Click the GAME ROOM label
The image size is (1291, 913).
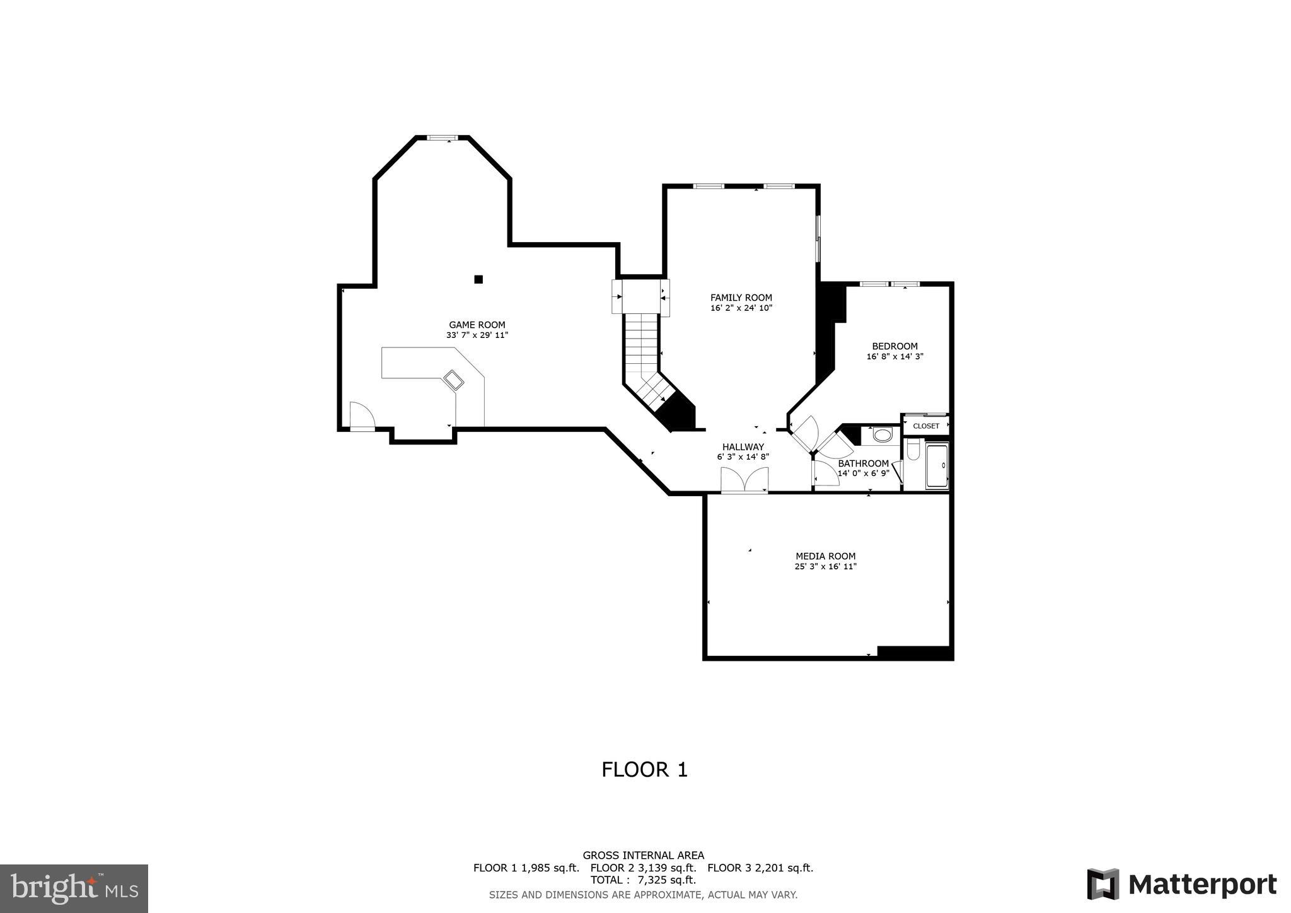[x=477, y=325]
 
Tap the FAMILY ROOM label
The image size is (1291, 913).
[x=741, y=298]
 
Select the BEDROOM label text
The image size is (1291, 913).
[x=894, y=346]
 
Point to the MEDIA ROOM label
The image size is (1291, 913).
[x=825, y=556]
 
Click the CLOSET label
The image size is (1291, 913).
[x=926, y=426]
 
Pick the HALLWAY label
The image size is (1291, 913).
[x=743, y=447]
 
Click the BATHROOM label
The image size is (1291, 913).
[x=863, y=463]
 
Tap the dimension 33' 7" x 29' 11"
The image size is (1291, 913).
[x=477, y=335]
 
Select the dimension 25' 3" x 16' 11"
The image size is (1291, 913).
[x=825, y=567]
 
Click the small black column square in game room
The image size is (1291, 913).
[x=478, y=279]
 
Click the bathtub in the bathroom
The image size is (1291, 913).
[x=937, y=466]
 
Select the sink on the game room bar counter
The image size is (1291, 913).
[x=454, y=380]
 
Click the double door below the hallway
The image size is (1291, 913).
[x=744, y=482]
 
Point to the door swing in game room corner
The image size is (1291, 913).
[x=362, y=416]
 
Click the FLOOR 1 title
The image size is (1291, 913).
[x=644, y=770]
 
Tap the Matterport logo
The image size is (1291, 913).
[x=1181, y=884]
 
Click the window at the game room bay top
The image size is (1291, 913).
[x=442, y=137]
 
